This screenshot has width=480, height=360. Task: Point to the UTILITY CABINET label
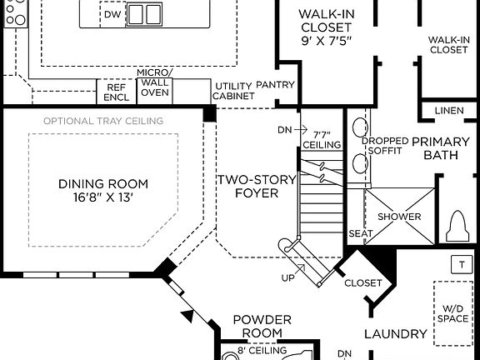pos(232,91)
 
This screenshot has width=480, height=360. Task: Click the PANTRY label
pos(276,85)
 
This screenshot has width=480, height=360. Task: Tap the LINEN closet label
pos(448,112)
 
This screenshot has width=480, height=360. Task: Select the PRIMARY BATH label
pos(441,148)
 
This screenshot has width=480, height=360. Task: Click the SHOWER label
pos(400,217)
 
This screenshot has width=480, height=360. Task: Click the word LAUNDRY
pos(396,334)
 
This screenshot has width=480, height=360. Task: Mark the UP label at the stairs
pos(287,277)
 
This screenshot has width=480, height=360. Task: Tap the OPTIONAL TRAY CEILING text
pos(103,121)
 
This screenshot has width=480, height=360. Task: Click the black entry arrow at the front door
pos(188,315)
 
